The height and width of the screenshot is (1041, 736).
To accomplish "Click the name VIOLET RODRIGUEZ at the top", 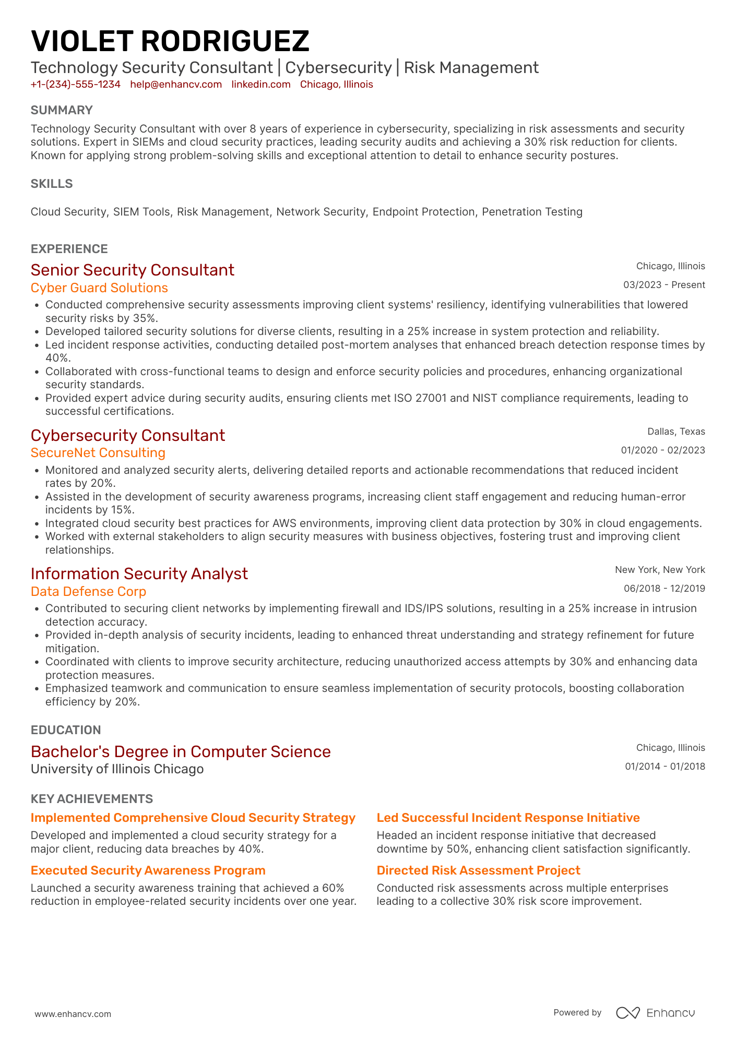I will pyautogui.click(x=170, y=41).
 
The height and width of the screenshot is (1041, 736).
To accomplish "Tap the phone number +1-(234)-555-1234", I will pyautogui.click(x=75, y=85).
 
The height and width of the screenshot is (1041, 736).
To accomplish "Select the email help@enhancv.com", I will pyautogui.click(x=176, y=85).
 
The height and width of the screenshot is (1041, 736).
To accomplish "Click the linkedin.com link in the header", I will pyautogui.click(x=261, y=85).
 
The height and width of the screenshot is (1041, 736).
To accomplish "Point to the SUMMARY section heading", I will pyautogui.click(x=62, y=110).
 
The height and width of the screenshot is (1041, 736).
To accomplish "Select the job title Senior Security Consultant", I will pyautogui.click(x=133, y=270).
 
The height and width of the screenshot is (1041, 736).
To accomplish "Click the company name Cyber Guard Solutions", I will pyautogui.click(x=99, y=288).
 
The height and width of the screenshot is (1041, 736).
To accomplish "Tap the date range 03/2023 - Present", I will pyautogui.click(x=664, y=285).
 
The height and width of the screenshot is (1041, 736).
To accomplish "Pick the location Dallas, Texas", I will pyautogui.click(x=676, y=432).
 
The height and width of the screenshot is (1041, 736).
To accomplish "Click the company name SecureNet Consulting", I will pyautogui.click(x=98, y=453).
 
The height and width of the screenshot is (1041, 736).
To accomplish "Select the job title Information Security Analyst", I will pyautogui.click(x=139, y=573).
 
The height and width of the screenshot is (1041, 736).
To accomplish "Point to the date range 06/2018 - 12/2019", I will pyautogui.click(x=664, y=589).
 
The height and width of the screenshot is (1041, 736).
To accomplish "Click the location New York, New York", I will pyautogui.click(x=660, y=570).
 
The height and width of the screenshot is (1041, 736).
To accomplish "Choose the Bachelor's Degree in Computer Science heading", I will pyautogui.click(x=181, y=751).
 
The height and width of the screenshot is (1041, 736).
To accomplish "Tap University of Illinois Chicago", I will pyautogui.click(x=117, y=769).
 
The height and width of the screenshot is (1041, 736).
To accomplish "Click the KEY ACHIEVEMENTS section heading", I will pyautogui.click(x=92, y=799).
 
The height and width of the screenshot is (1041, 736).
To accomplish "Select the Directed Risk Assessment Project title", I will pyautogui.click(x=478, y=870).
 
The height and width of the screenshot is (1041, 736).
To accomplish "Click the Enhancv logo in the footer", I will pyautogui.click(x=656, y=1013).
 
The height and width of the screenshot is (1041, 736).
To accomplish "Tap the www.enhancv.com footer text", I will pyautogui.click(x=73, y=1014).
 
